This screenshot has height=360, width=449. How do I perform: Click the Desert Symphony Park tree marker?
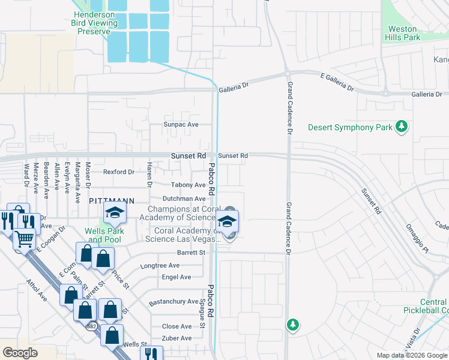(402, 127)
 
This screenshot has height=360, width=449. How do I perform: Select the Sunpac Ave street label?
(181, 125)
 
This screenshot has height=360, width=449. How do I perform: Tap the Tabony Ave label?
(188, 185)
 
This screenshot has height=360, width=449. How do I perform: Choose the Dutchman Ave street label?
(184, 199)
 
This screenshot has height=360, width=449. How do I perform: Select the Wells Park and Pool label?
(104, 235)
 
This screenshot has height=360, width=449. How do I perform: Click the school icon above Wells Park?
(114, 213)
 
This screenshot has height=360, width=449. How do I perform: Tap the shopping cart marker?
(24, 239)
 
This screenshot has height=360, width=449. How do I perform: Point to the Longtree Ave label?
(160, 265)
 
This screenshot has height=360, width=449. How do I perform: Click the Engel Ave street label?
(176, 277)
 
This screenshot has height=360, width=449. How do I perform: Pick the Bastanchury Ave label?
(173, 301)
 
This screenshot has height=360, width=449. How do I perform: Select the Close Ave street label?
(177, 326)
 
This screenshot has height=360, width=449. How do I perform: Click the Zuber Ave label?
(176, 338)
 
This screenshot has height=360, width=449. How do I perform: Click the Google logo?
(20, 353)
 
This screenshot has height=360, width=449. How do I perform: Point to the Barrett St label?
(191, 253)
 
